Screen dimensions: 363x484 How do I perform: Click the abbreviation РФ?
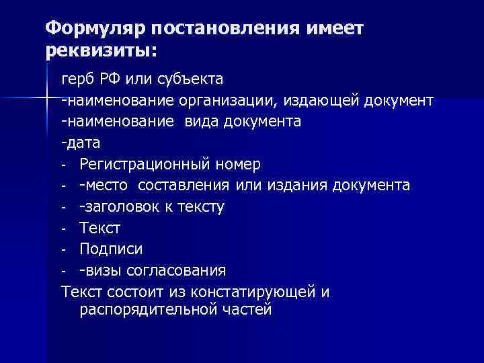pyautogui.click(x=112, y=80)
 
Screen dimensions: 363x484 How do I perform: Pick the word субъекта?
pyautogui.click(x=189, y=80)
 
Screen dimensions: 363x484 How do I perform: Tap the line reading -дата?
pyautogui.click(x=80, y=143)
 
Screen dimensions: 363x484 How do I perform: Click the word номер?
pyautogui.click(x=239, y=164)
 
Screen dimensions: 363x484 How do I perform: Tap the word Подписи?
pyautogui.click(x=110, y=249)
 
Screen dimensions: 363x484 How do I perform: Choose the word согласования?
pyautogui.click(x=180, y=270)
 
